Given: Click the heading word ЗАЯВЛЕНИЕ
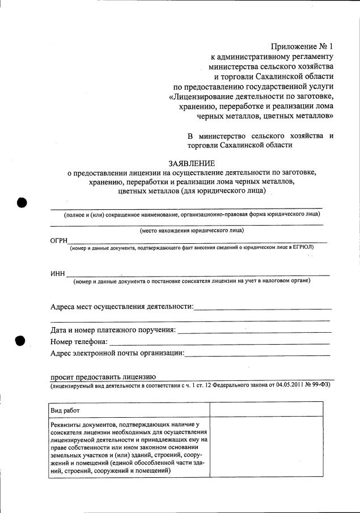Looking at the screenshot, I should pyautogui.click(x=192, y=163).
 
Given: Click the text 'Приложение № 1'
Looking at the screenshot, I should pyautogui.click(x=302, y=47).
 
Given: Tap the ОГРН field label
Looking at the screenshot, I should pyautogui.click(x=59, y=242).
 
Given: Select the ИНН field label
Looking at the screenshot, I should pyautogui.click(x=58, y=275).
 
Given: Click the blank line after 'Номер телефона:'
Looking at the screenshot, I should pyautogui.click(x=219, y=342).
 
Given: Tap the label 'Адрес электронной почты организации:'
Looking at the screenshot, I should pyautogui.click(x=117, y=353).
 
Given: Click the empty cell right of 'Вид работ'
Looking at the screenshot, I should pyautogui.click(x=266, y=409).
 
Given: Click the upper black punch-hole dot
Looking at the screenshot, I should pyautogui.click(x=22, y=202).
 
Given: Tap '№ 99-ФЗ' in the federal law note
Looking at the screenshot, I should pyautogui.click(x=319, y=385).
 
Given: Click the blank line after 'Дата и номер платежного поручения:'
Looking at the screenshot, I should pyautogui.click(x=253, y=330).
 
